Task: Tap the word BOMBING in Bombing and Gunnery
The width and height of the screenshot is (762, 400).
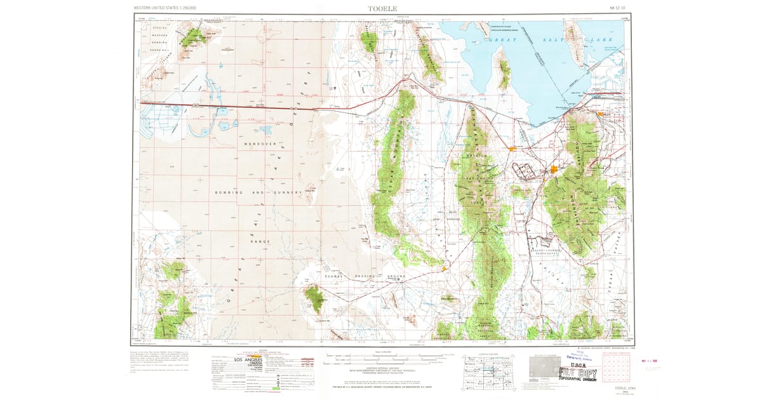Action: (x=229, y=192)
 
